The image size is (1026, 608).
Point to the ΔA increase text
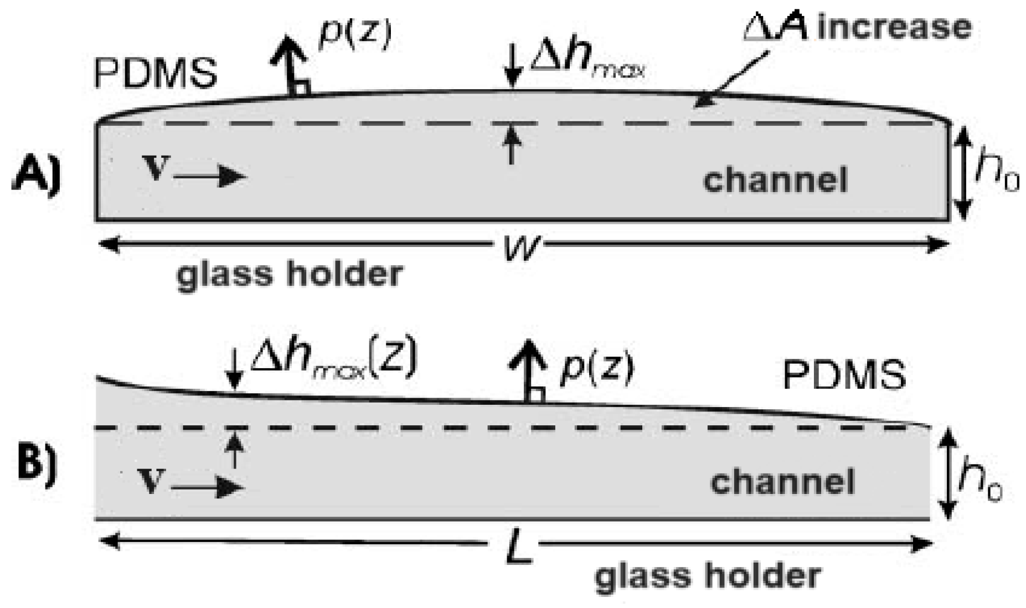point(857,28)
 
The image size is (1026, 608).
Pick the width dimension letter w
point(520,246)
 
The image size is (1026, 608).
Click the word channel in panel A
point(775,180)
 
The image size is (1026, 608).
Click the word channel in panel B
point(782,481)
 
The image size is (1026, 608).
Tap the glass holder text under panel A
point(290,274)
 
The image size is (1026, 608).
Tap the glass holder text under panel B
point(708,576)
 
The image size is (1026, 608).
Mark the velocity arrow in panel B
point(208,487)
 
